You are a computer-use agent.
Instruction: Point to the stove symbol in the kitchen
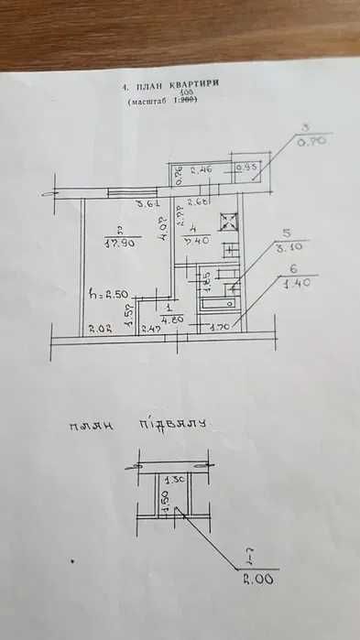pyautogui.click(x=227, y=222)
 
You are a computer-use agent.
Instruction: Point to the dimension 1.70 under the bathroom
pyautogui.click(x=220, y=326)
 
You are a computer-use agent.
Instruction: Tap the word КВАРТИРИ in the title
pyautogui.click(x=195, y=84)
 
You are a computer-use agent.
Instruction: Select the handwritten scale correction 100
pyautogui.click(x=187, y=93)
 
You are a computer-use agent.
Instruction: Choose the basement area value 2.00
pyautogui.click(x=260, y=579)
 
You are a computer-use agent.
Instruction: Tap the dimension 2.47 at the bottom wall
pyautogui.click(x=152, y=327)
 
